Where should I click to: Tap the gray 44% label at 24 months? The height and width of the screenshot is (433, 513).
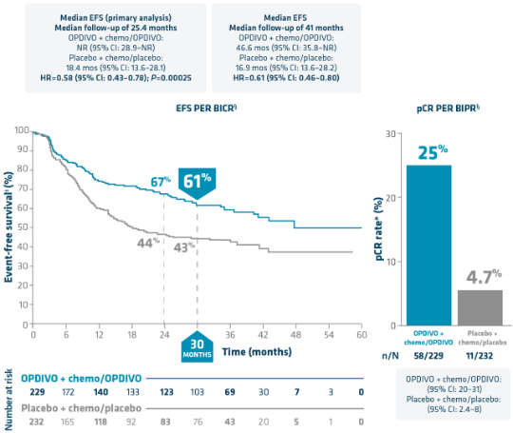tap(146, 243)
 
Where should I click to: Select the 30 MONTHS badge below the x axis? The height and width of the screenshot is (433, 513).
tap(197, 349)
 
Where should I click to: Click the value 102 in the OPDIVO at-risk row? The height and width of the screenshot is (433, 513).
tap(197, 391)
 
